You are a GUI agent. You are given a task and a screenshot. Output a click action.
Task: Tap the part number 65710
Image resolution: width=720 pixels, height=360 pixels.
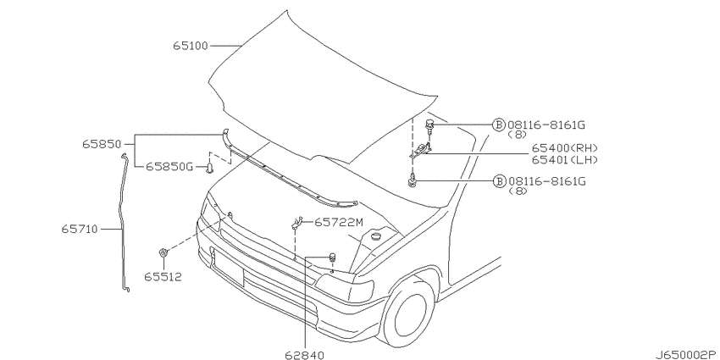(x=80, y=227)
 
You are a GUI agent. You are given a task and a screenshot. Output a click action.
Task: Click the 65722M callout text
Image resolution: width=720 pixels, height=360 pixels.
(x=338, y=223)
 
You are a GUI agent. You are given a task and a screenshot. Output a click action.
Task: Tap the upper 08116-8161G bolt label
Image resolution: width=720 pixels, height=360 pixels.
(x=546, y=125)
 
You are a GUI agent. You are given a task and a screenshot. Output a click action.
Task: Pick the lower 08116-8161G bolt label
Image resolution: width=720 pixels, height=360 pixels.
(x=546, y=181)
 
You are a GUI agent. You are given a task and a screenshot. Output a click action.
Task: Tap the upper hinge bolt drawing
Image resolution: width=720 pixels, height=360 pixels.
(x=431, y=127)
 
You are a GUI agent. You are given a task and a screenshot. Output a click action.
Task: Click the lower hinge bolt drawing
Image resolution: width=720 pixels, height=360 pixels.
(x=413, y=180)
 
